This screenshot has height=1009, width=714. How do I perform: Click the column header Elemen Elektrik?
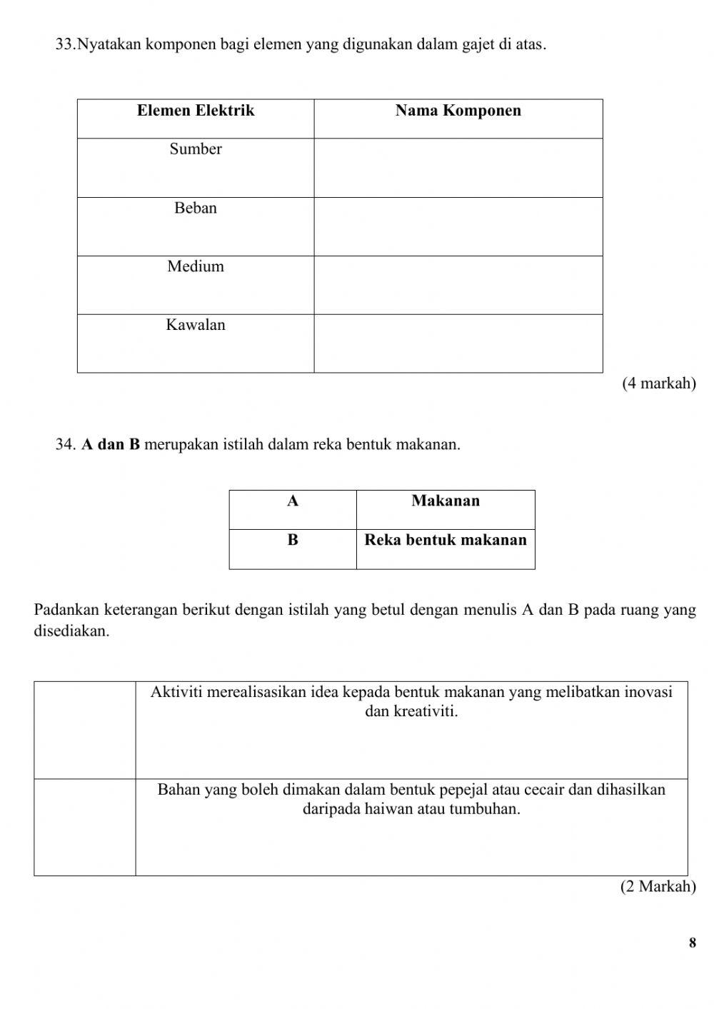pos(195,111)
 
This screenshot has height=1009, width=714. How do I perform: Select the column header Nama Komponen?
pos(458,111)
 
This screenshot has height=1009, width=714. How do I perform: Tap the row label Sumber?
pos(195,149)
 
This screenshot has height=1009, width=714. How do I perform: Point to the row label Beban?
pos(195,209)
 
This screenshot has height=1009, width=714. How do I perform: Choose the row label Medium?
pos(195,267)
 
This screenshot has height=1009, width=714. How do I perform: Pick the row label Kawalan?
pos(195,326)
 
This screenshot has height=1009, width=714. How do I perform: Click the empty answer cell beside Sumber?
pos(458,168)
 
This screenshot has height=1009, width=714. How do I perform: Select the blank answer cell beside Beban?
pos(458,226)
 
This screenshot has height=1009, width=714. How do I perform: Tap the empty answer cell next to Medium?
pos(458,285)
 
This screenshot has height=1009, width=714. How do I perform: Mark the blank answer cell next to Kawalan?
pos(458,343)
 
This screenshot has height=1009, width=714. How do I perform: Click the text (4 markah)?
pos(658,383)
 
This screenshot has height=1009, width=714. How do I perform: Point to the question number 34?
pos(65,445)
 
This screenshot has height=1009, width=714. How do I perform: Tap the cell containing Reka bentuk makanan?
pos(446,541)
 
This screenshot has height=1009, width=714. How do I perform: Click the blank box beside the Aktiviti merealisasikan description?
pos(85,730)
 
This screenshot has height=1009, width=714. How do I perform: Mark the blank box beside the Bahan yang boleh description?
pos(85,827)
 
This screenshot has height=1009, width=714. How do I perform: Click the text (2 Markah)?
pos(658,887)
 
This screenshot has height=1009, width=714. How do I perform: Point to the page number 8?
pos(692,943)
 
